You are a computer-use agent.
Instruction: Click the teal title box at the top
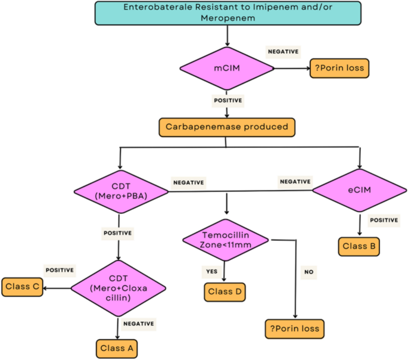(x=227, y=13)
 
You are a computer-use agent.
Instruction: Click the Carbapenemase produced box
(x=227, y=127)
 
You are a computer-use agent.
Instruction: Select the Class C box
(x=23, y=287)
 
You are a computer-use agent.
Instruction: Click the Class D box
(x=225, y=291)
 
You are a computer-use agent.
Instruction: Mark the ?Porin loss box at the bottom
(x=295, y=328)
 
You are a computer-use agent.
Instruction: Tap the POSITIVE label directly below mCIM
(x=228, y=101)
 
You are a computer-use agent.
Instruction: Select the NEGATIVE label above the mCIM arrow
(x=283, y=51)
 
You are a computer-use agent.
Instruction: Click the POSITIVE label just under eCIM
(x=384, y=220)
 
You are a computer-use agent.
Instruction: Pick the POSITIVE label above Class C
(x=59, y=270)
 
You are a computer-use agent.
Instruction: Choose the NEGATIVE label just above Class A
(x=139, y=323)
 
